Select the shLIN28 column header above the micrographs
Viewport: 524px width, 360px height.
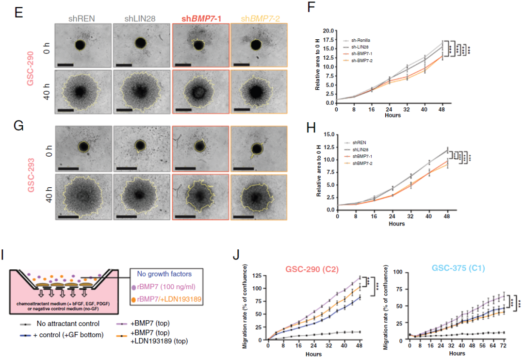(141, 18)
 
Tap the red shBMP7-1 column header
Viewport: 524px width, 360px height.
(201, 18)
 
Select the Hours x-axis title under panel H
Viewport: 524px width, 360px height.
(397, 224)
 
